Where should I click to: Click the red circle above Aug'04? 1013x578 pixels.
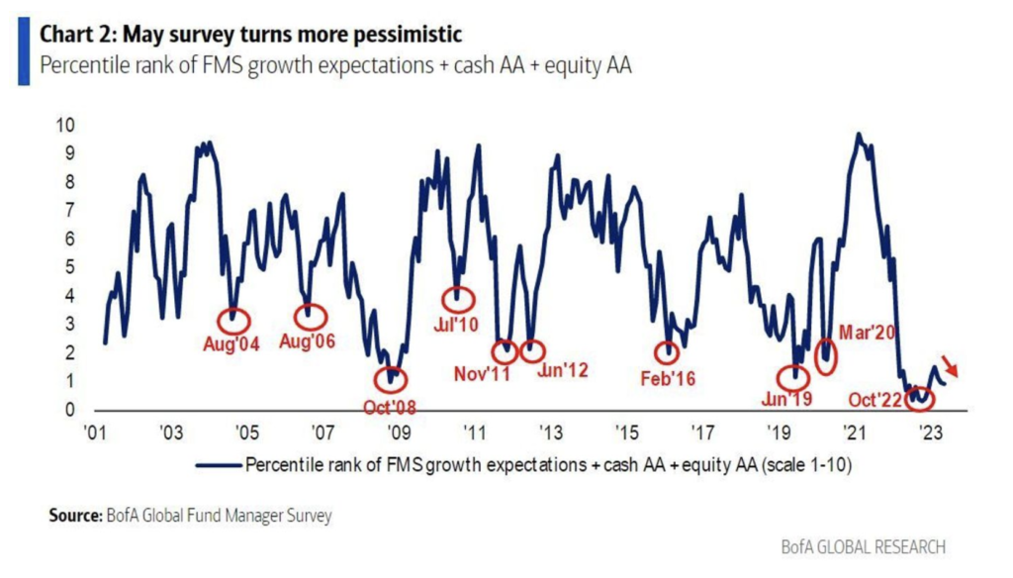233,319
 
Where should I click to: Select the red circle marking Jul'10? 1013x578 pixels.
456,298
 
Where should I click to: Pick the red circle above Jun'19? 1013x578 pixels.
792,377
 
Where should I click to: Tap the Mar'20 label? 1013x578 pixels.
868,333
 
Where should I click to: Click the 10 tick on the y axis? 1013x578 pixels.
67,126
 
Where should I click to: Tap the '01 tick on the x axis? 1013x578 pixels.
96,433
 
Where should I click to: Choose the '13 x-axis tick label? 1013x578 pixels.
550,433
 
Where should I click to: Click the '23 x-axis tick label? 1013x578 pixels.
930,433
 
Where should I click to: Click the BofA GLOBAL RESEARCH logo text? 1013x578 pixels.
863,546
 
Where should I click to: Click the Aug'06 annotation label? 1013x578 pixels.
308,343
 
